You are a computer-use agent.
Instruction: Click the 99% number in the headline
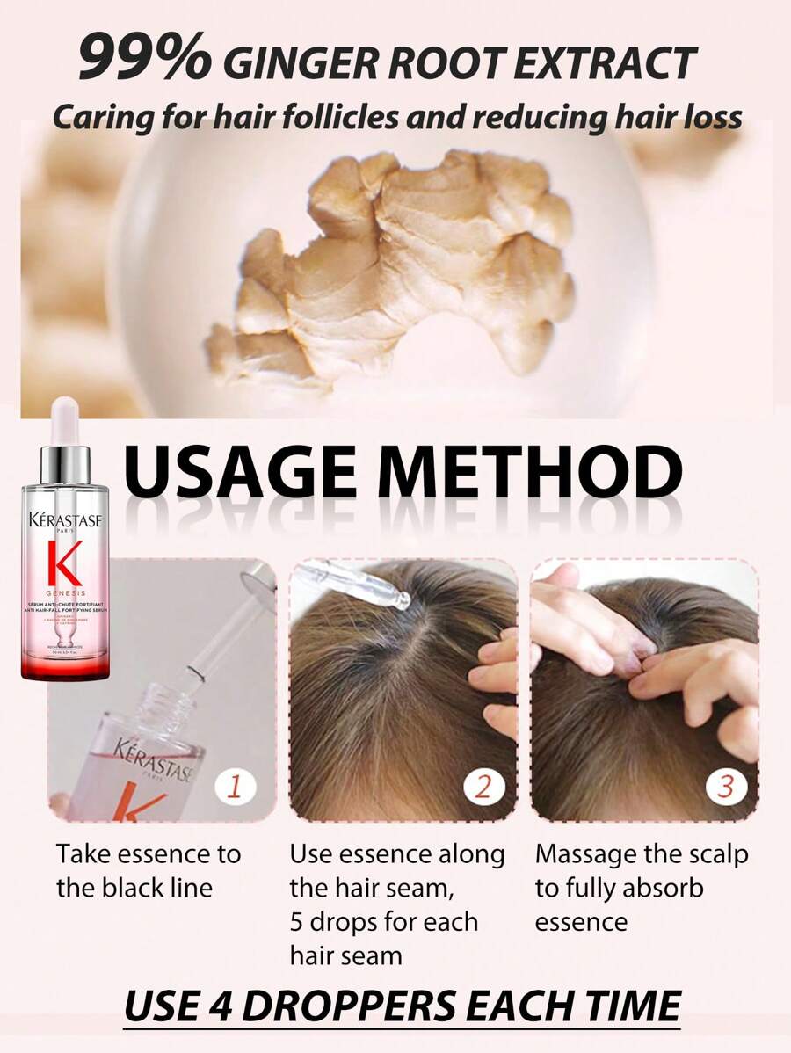click(144, 59)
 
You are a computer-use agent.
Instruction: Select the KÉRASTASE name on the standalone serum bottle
click(66, 519)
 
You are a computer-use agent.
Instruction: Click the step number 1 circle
click(234, 786)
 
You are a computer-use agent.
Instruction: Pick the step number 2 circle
click(483, 786)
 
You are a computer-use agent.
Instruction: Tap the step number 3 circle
click(725, 786)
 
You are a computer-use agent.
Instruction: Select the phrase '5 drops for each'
click(384, 921)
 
